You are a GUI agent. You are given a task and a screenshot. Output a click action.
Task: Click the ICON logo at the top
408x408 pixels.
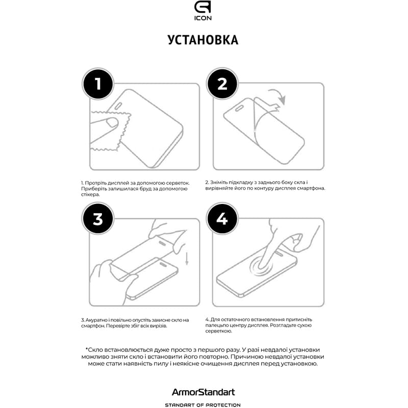coord(202,11)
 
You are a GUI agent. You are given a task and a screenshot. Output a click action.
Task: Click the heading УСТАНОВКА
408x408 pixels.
coord(203,40)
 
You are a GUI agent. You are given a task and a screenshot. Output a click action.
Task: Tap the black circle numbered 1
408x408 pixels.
coord(98,84)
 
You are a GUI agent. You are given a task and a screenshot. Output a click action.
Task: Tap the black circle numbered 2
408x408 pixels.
coord(222,84)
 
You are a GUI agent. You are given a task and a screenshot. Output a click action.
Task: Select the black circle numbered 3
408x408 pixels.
coord(98,219)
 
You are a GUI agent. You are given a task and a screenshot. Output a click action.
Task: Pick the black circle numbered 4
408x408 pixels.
coord(222,219)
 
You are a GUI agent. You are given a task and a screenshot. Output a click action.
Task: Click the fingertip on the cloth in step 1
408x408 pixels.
coord(113,122)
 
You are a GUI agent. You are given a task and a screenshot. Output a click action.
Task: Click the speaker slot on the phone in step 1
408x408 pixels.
coord(118,106)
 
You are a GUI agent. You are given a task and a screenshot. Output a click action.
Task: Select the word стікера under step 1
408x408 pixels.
coord(90,195)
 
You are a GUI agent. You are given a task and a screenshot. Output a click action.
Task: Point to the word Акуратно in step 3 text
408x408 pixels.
coord(96,320)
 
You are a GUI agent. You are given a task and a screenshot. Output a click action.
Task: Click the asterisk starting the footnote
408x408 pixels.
coord(86,349)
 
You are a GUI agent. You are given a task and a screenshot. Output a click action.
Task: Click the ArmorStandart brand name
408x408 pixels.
coord(203,392)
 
